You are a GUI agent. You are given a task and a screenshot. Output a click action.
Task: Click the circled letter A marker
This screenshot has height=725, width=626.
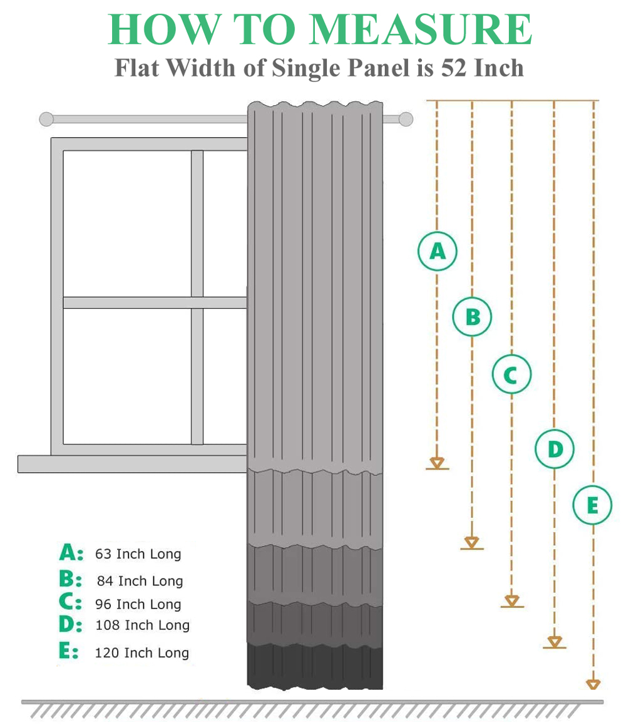pyautogui.click(x=438, y=251)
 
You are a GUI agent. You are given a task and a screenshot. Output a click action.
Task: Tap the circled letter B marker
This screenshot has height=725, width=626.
pyautogui.click(x=472, y=317)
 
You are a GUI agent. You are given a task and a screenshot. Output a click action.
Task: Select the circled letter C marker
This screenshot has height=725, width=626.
pyautogui.click(x=511, y=374)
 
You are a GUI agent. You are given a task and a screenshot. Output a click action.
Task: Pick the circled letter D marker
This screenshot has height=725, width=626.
pyautogui.click(x=555, y=448)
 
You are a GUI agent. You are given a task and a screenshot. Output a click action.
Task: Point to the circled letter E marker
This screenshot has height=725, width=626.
pyautogui.click(x=593, y=505)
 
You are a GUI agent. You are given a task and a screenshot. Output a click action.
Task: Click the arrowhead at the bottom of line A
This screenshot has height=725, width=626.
pyautogui.click(x=437, y=463)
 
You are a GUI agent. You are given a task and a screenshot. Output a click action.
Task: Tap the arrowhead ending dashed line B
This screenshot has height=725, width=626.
pyautogui.click(x=471, y=542)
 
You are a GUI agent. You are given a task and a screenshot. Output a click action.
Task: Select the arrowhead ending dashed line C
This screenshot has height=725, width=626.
pyautogui.click(x=512, y=600)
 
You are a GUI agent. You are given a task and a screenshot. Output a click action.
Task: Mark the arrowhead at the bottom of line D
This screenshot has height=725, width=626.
pyautogui.click(x=555, y=642)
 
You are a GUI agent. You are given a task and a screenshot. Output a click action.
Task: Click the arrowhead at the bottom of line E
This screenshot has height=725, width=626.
pyautogui.click(x=593, y=684)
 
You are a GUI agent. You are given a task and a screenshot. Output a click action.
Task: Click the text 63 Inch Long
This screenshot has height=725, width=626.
pyautogui.click(x=138, y=554)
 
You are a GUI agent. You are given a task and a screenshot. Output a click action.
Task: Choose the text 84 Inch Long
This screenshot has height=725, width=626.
pyautogui.click(x=140, y=581)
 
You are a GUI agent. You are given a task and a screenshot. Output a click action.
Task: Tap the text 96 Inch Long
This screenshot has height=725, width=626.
pyautogui.click(x=138, y=604)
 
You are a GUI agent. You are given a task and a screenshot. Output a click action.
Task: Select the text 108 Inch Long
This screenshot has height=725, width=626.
pyautogui.click(x=142, y=625)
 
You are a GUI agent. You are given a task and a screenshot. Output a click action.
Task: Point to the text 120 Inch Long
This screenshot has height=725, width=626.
pyautogui.click(x=142, y=652)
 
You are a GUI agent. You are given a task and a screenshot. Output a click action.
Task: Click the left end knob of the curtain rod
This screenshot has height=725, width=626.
pyautogui.click(x=46, y=119)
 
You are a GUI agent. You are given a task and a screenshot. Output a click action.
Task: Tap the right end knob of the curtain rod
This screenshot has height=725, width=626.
pyautogui.click(x=406, y=119)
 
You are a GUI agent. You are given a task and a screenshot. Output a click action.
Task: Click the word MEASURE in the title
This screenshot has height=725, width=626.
pyautogui.click(x=420, y=29)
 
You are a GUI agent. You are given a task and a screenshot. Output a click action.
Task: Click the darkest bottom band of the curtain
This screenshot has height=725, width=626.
pyautogui.click(x=315, y=666)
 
